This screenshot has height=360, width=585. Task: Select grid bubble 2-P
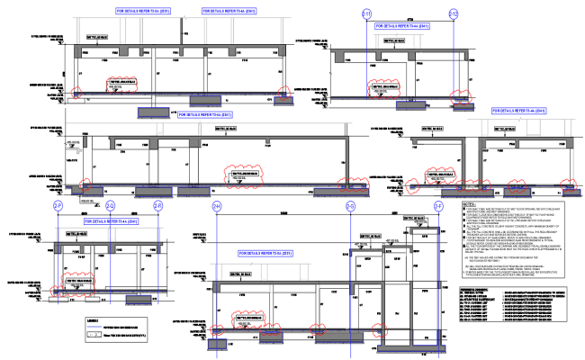click(58, 206)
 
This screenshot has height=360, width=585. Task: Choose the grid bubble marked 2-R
click(157, 206)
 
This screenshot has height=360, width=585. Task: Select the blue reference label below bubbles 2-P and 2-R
click(111, 220)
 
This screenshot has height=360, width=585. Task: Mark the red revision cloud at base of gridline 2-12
click(459, 95)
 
